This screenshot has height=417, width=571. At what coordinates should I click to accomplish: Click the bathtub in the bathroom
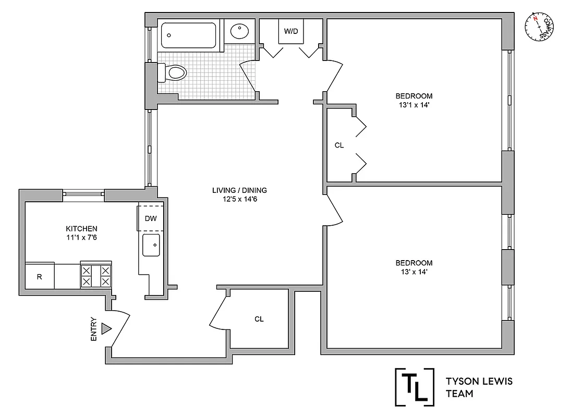188,35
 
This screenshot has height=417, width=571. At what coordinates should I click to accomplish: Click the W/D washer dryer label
291,31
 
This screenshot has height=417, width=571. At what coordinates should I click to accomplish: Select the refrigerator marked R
39,277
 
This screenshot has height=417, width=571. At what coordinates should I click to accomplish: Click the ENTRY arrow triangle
107,328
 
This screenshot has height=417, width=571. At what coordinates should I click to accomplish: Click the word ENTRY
94,329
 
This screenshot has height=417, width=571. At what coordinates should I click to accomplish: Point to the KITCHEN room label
81,228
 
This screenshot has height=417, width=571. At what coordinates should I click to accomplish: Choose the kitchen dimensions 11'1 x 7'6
81,238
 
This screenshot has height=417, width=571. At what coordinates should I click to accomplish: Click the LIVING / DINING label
239,190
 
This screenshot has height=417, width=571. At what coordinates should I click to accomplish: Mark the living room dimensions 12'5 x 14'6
239,199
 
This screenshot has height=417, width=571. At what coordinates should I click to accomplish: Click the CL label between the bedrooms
339,145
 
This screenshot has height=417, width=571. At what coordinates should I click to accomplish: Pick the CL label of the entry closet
259,319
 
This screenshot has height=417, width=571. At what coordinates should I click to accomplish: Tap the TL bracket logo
415,386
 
